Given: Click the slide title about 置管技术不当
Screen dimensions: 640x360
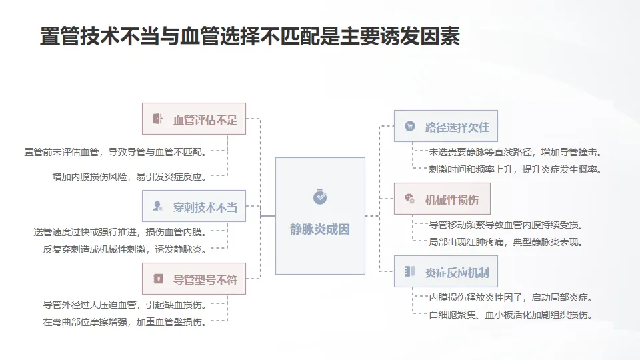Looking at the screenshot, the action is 250,36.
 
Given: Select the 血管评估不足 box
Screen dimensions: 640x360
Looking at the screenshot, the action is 194,119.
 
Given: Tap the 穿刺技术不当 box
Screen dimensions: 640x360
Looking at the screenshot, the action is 194,206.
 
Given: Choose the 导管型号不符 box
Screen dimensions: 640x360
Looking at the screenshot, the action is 194,279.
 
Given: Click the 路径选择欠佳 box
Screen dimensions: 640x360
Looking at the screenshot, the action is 446,126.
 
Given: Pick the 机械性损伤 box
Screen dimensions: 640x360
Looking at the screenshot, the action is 442,199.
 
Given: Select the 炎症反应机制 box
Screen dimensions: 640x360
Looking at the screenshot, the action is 446,271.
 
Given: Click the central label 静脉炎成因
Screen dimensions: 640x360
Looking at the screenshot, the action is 320,229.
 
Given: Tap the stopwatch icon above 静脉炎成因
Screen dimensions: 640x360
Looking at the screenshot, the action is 320,196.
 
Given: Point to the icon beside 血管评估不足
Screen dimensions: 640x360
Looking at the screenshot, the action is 157,119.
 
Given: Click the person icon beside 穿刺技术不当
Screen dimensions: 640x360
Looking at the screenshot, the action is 157,206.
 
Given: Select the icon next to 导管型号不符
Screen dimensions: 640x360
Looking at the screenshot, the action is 158,279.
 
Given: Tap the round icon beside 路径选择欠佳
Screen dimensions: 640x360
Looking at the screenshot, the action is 410,126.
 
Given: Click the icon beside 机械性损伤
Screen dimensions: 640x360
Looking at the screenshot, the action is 410,199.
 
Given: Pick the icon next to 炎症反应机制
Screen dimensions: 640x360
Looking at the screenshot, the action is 410,271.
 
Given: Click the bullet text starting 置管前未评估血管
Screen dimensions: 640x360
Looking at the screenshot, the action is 115,152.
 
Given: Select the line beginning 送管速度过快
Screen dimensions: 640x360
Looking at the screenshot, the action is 120,232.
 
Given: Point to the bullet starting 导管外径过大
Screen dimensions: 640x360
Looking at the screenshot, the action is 125,305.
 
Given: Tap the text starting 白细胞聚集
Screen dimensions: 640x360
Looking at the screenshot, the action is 511,315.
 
